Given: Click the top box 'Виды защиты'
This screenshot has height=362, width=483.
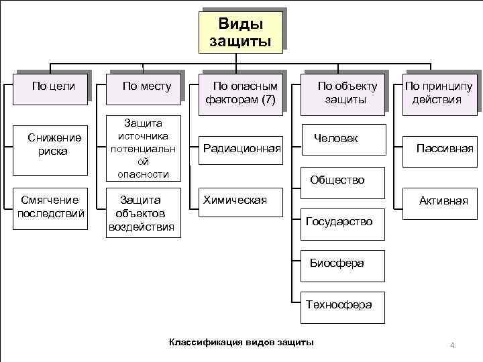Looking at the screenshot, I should [x=240, y=33].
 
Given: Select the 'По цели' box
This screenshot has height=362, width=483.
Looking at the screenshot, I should [x=53, y=86].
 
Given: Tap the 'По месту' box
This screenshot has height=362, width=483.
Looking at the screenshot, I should [x=147, y=86].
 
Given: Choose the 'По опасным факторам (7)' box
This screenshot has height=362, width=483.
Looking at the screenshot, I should [x=244, y=93].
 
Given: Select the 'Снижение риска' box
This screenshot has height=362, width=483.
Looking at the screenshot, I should [x=54, y=144].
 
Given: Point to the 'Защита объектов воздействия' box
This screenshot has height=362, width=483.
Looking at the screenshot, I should [x=142, y=213].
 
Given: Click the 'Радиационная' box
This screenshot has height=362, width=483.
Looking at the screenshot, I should [x=241, y=148].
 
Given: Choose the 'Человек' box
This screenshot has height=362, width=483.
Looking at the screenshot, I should [x=340, y=139].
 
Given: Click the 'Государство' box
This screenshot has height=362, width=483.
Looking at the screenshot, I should [x=339, y=221].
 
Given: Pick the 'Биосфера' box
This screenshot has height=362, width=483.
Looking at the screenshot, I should [x=339, y=263].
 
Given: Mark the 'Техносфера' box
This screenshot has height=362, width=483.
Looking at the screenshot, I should [x=339, y=304].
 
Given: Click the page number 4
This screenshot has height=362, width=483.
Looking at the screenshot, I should [x=452, y=345].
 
